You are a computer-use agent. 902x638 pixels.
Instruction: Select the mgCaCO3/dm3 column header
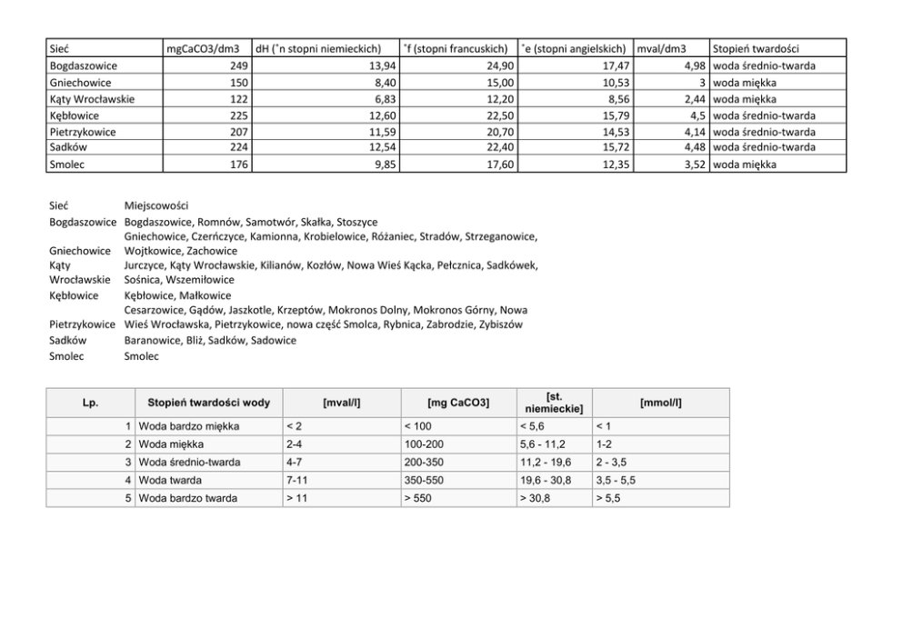(x=202, y=49)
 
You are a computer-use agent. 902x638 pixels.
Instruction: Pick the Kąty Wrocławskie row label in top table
(x=92, y=99)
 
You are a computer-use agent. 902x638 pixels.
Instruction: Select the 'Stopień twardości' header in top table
(x=756, y=49)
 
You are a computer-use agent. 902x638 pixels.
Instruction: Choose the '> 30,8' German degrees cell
(x=536, y=498)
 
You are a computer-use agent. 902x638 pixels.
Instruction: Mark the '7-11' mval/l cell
(x=296, y=480)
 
